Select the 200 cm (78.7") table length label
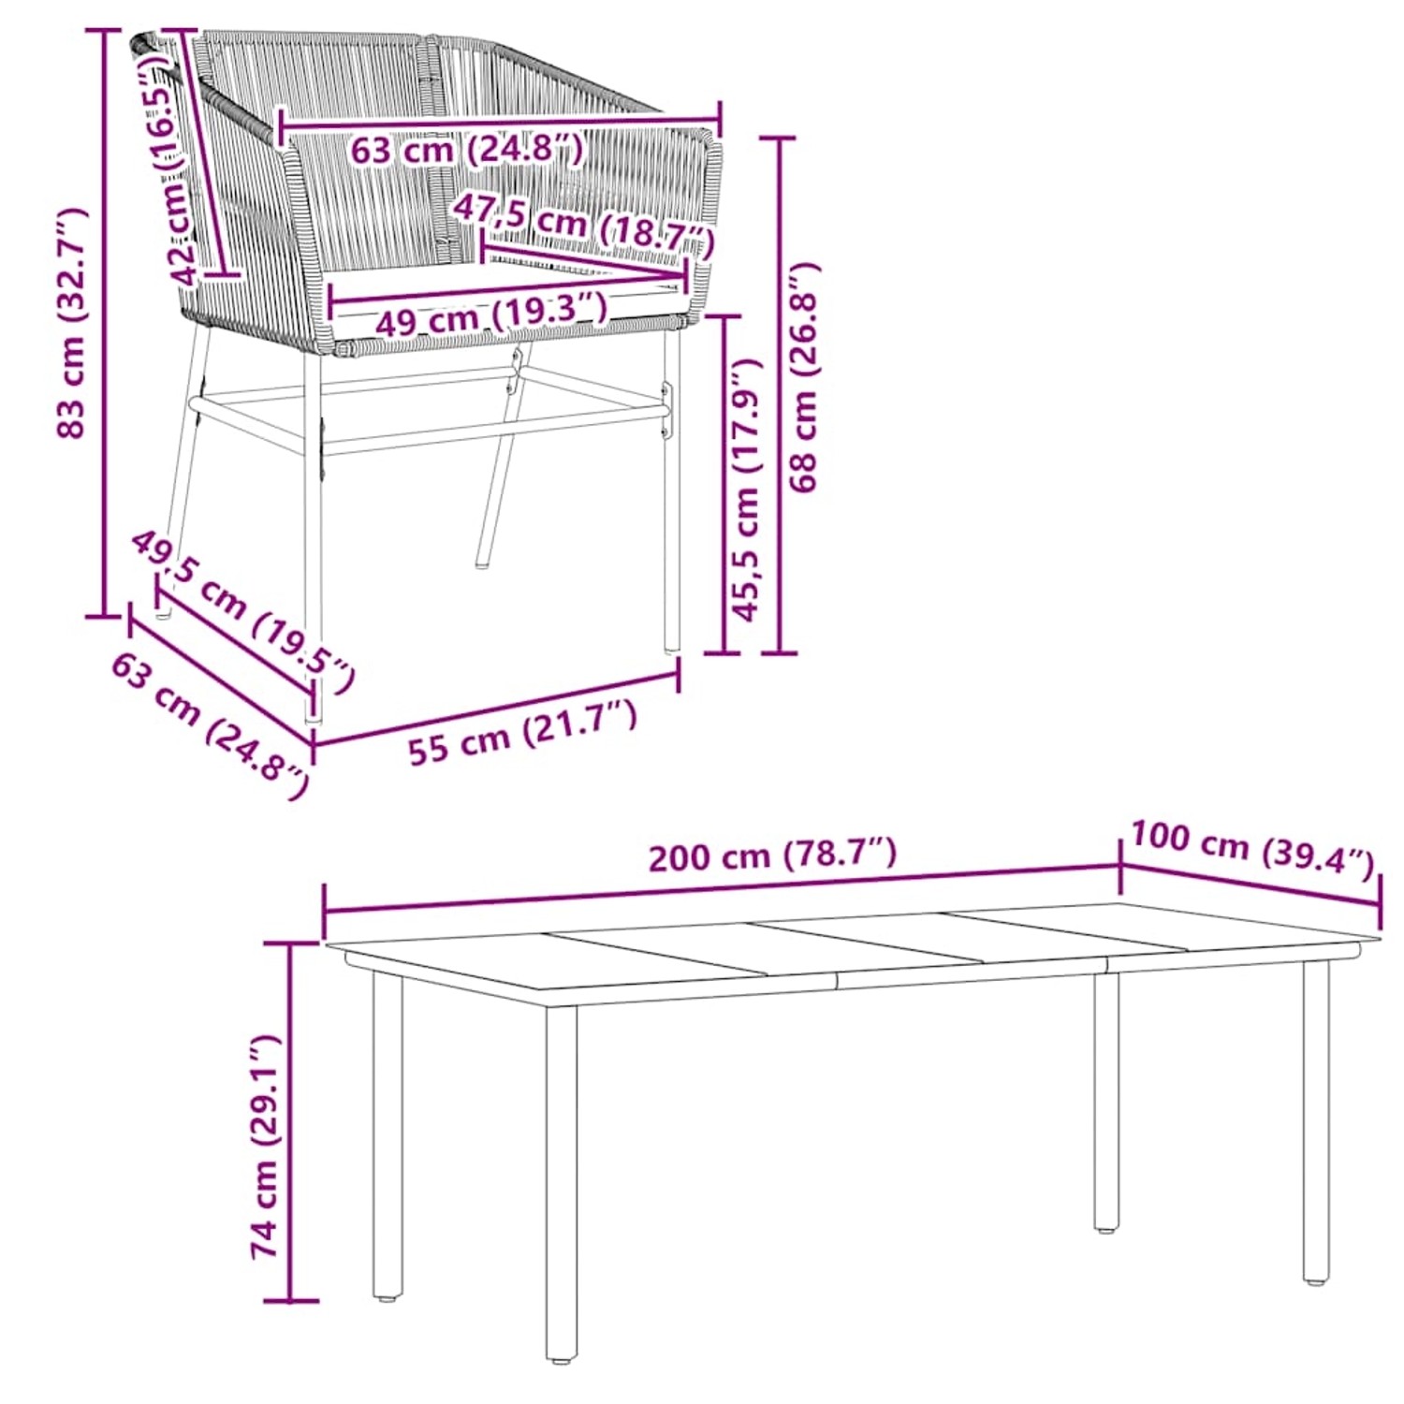(x=772, y=855)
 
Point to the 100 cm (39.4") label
(x=1252, y=845)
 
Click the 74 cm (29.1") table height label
(x=266, y=1147)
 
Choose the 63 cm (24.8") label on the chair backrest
(x=466, y=149)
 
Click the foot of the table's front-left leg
(x=562, y=1353)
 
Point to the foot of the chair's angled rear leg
(x=483, y=563)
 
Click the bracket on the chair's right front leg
(x=666, y=412)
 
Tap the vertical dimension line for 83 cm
(x=103, y=323)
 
